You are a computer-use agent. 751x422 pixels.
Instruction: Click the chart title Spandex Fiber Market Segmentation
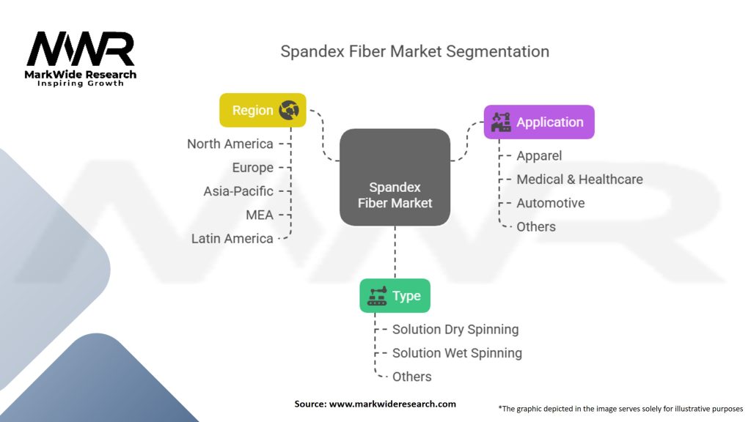(414, 52)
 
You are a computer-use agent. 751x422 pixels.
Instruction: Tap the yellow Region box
(263, 111)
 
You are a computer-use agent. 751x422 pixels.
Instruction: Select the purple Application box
(539, 122)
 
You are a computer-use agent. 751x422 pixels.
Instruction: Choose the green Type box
(395, 296)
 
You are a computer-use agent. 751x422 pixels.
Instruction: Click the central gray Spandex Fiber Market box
(395, 177)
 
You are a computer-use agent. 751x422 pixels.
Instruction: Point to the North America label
(230, 144)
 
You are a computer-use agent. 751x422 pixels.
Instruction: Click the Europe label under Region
(252, 168)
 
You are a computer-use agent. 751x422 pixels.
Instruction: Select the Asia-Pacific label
(238, 191)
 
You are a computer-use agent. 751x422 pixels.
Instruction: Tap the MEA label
(260, 215)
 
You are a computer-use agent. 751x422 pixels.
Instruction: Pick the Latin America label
(232, 239)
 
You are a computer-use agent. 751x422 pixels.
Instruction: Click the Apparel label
(539, 155)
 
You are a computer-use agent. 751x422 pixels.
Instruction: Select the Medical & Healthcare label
(579, 179)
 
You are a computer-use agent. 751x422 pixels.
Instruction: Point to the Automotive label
(550, 203)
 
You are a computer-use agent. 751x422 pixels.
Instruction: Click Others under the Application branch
(536, 226)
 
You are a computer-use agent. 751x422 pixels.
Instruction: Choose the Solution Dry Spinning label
(455, 330)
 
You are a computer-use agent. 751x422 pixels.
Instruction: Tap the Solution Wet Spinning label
(457, 353)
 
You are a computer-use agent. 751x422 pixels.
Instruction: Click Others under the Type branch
(411, 377)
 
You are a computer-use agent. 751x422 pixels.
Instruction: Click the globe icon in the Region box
(288, 111)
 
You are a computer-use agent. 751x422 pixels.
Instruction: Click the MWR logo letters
(81, 50)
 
